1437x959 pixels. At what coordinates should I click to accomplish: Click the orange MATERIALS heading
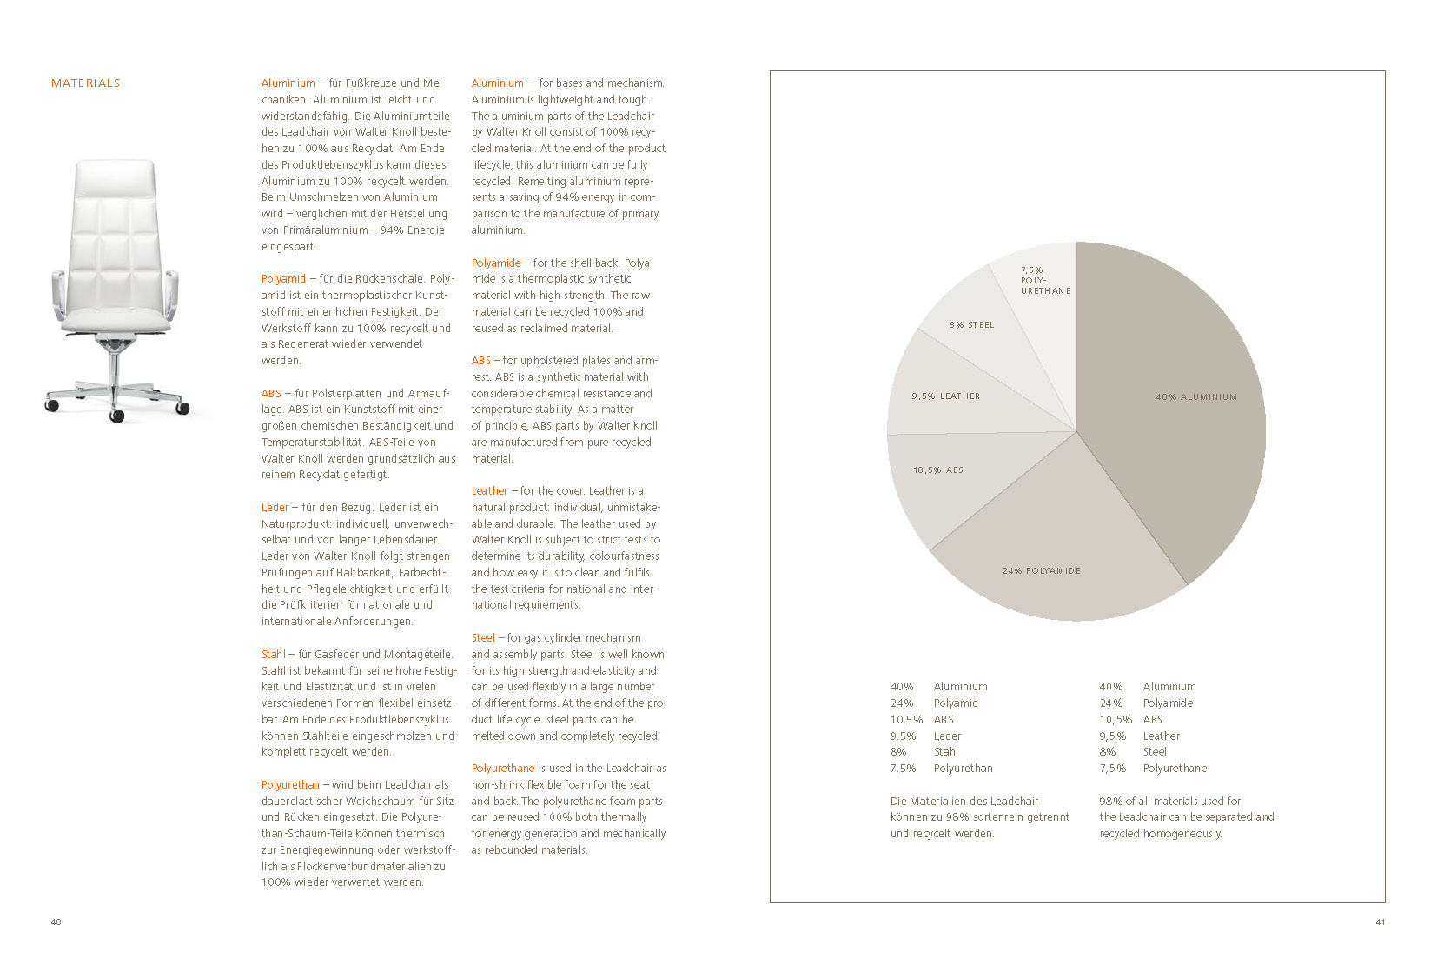click(85, 83)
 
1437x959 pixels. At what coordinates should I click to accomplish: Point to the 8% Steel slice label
click(971, 325)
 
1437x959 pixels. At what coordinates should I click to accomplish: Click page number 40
click(56, 922)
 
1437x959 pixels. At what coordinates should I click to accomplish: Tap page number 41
click(1380, 922)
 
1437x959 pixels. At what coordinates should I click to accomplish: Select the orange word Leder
click(275, 508)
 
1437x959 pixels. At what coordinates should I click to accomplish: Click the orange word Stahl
click(273, 655)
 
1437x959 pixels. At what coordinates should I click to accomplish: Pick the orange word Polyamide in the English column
click(496, 263)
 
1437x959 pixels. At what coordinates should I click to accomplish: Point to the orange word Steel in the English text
click(483, 638)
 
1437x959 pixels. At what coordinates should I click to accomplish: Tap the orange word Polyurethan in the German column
click(290, 785)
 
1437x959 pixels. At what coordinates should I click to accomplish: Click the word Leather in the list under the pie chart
click(1161, 736)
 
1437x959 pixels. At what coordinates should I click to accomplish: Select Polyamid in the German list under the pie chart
click(956, 703)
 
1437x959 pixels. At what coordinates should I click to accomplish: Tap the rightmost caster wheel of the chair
click(182, 408)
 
